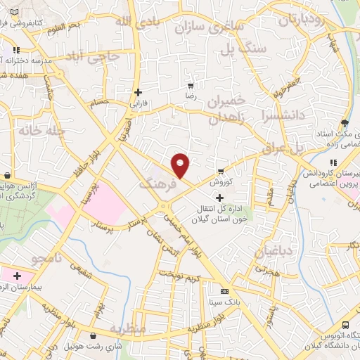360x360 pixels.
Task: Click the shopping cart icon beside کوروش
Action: (x=221, y=171)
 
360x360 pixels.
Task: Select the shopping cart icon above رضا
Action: (x=191, y=84)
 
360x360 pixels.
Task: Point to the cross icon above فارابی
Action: (x=138, y=92)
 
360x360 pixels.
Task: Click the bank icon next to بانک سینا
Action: (x=224, y=291)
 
